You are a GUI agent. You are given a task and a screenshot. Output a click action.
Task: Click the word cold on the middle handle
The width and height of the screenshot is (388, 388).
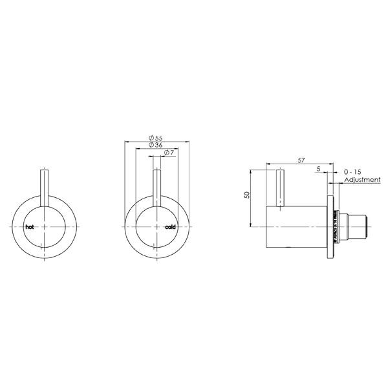pos(170,227)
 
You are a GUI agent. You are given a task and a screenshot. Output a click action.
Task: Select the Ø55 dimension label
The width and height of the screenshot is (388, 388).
pos(155,137)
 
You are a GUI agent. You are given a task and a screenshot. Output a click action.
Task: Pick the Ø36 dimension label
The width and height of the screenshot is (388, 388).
pos(155,144)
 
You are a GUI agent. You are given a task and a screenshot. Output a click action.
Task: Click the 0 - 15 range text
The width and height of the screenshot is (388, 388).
pos(354,171)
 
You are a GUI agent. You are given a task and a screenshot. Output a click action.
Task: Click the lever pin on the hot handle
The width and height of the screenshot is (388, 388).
pos(43,188)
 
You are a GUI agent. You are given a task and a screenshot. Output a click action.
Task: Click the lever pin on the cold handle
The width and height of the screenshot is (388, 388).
pos(155,188)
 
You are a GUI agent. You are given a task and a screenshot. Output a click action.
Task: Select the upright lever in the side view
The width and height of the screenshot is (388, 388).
pos(281,188)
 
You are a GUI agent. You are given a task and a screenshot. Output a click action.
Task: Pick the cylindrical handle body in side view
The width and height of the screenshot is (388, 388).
pos(297,226)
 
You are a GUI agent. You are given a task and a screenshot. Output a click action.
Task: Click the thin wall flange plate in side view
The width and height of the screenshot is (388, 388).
pos(331,226)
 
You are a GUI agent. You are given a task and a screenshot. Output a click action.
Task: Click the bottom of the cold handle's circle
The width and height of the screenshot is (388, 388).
pos(155,255)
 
